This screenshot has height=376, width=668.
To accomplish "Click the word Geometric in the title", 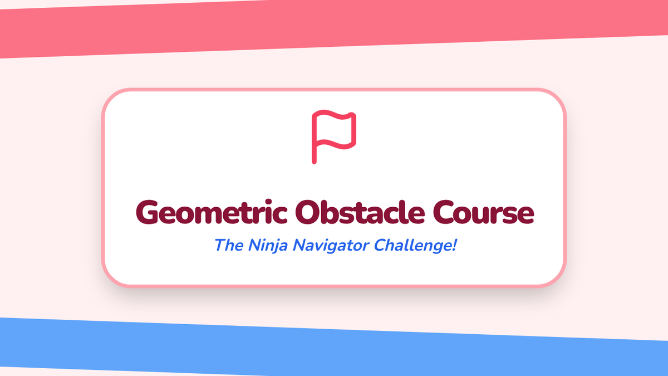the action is (212, 212).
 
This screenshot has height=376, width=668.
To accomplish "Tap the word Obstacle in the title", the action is (360, 212).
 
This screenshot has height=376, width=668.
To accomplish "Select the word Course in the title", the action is (483, 212).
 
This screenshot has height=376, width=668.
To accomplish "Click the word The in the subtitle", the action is (229, 245).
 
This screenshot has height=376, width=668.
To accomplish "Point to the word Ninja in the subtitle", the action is (268, 246).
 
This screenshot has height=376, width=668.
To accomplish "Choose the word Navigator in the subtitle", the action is (331, 246).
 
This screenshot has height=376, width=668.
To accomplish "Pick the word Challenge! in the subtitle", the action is (415, 246).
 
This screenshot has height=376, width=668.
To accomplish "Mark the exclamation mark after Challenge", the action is (454, 245).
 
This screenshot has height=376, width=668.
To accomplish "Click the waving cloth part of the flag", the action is (336, 129).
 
